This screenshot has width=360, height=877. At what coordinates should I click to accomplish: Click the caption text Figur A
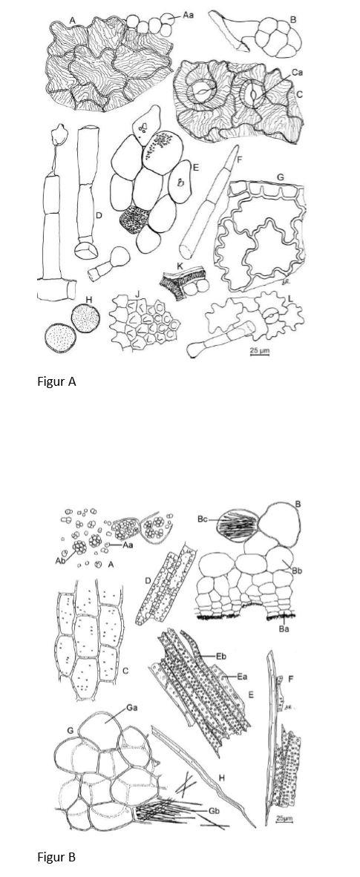coord(56,382)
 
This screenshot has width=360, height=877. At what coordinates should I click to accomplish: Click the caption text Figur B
coord(56,857)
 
